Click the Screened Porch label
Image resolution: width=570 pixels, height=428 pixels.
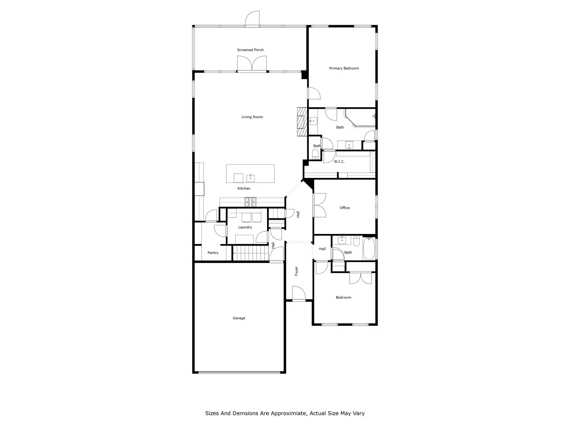click(250, 50)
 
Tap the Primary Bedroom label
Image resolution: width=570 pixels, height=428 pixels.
click(344, 68)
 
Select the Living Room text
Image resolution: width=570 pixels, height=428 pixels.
click(252, 117)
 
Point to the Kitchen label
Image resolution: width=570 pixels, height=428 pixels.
click(244, 188)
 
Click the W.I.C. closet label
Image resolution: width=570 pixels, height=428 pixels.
click(339, 161)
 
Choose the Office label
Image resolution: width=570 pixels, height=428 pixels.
click(345, 208)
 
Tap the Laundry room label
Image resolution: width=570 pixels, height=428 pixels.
click(245, 227)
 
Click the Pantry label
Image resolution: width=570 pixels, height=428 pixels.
click(213, 253)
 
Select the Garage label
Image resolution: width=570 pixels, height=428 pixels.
click(239, 318)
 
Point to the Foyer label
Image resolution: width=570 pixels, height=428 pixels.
click(296, 271)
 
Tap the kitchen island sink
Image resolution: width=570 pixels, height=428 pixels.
click(250, 178)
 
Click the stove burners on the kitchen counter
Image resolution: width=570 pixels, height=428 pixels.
click(251, 202)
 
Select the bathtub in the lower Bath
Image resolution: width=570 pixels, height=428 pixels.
click(369, 249)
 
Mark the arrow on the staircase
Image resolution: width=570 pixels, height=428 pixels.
click(234, 253)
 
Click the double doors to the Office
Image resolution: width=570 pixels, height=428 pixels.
click(320, 205)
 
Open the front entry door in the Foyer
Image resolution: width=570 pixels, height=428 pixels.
click(299, 294)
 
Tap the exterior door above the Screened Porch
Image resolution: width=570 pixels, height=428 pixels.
click(253, 19)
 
